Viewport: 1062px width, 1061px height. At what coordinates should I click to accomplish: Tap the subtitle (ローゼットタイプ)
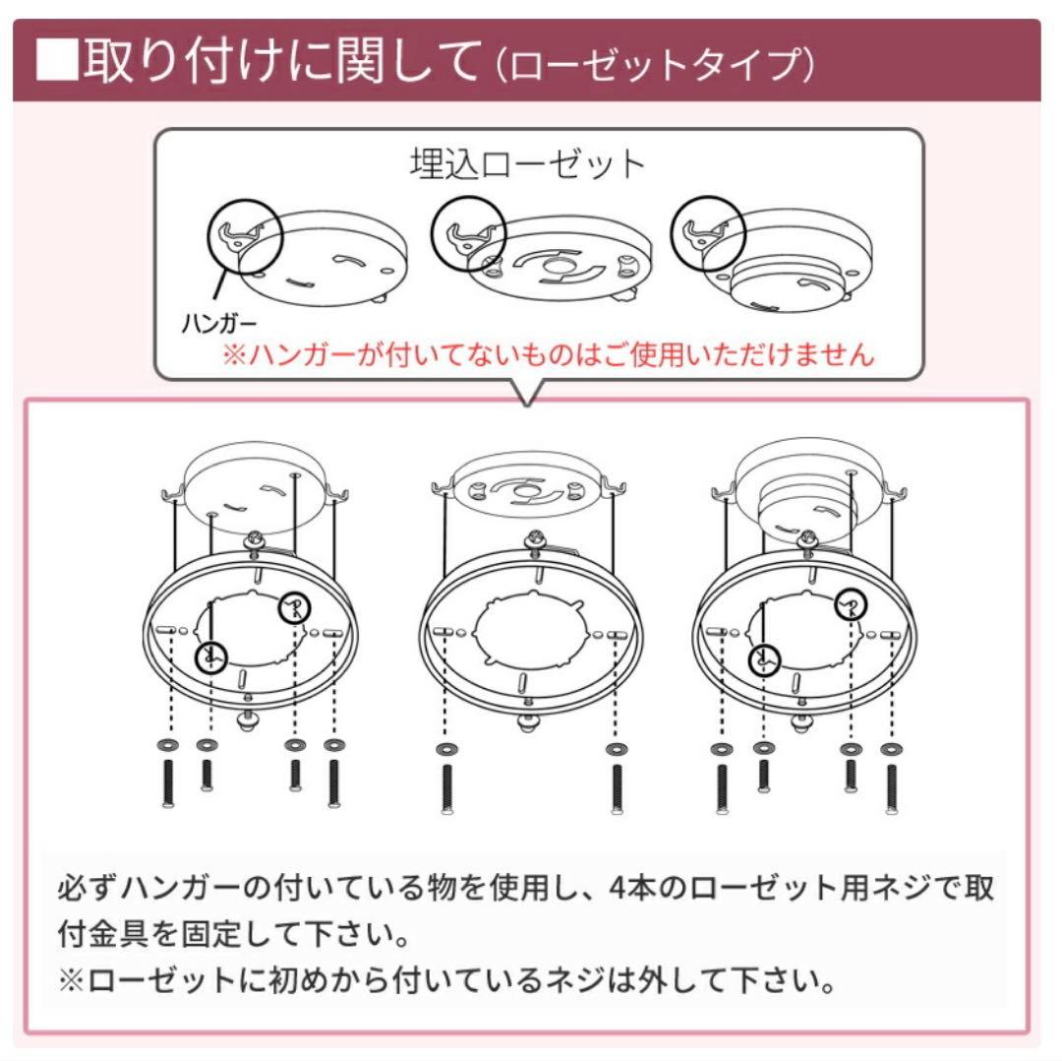[653, 65]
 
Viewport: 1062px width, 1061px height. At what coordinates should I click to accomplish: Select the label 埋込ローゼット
[527, 163]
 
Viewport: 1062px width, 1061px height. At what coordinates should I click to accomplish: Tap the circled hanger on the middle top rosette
[468, 232]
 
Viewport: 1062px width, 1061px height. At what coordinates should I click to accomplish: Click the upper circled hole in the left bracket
[294, 609]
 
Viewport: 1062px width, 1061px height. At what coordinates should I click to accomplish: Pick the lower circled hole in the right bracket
[766, 658]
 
